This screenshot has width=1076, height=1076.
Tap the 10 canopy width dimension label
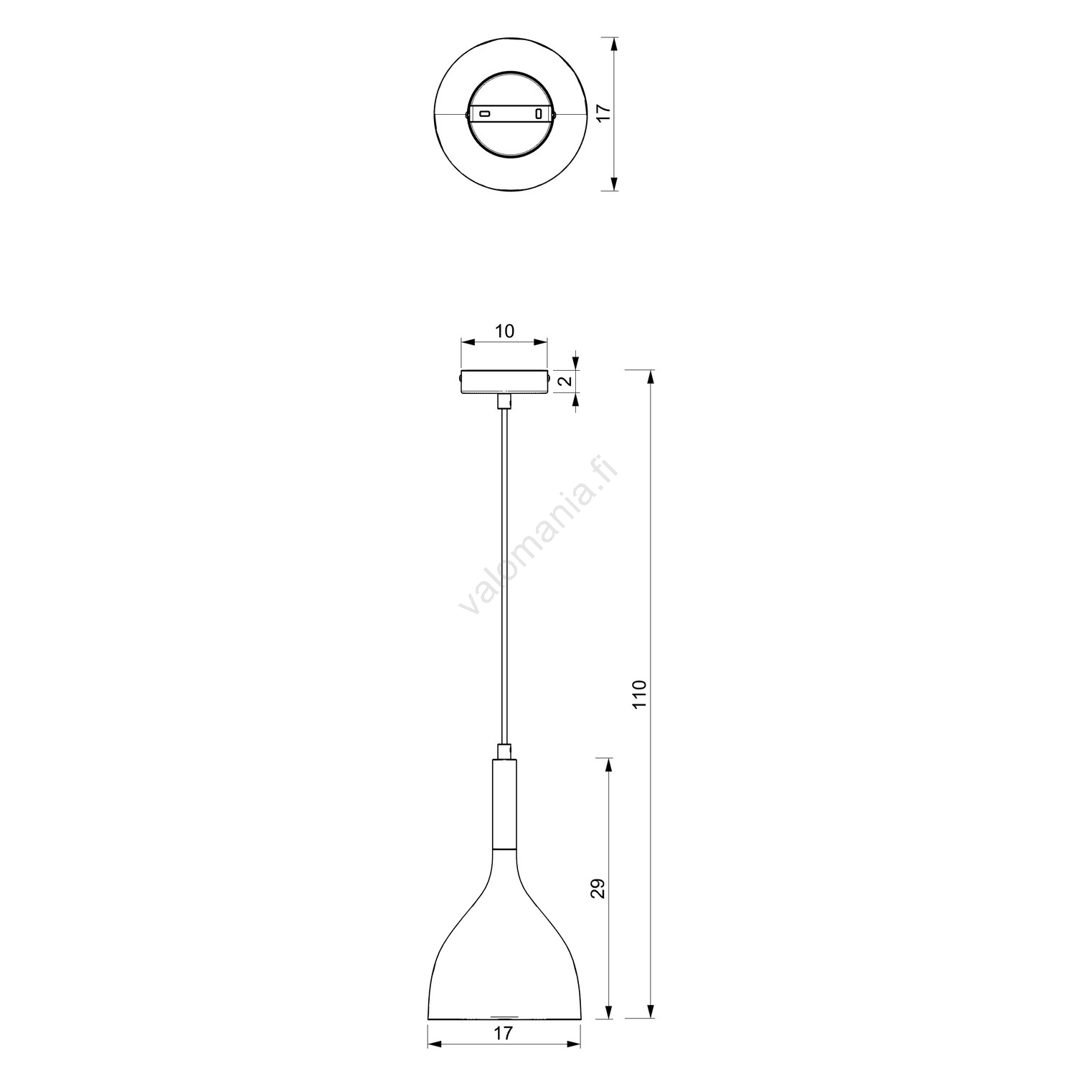tap(504, 331)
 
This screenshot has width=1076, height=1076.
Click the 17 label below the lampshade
tap(504, 1034)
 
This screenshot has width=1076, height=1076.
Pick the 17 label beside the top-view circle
tap(603, 113)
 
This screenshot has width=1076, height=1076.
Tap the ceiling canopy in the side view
tap(505, 381)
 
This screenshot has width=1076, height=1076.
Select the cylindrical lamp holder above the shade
tap(504, 803)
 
